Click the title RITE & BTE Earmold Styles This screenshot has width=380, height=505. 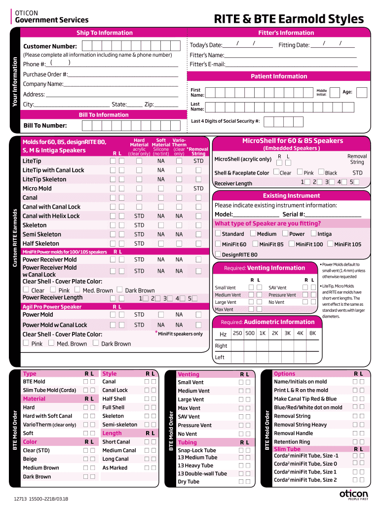point(289,19)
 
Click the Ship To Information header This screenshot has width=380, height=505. point(104,33)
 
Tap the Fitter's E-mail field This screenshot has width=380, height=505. point(291,65)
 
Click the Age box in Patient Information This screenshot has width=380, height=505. point(361,92)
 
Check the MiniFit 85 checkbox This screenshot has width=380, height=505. point(255,244)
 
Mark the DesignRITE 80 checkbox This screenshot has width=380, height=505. point(218,254)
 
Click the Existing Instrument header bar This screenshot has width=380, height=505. point(291,196)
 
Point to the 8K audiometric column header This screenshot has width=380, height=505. point(312,333)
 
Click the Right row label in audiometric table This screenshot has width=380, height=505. point(221,346)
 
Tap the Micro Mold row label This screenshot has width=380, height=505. point(37,188)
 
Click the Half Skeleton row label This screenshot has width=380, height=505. point(41,244)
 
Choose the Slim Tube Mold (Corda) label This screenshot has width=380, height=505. point(49,390)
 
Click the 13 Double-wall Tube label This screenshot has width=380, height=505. point(202,473)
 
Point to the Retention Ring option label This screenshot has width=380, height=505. point(292,442)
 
